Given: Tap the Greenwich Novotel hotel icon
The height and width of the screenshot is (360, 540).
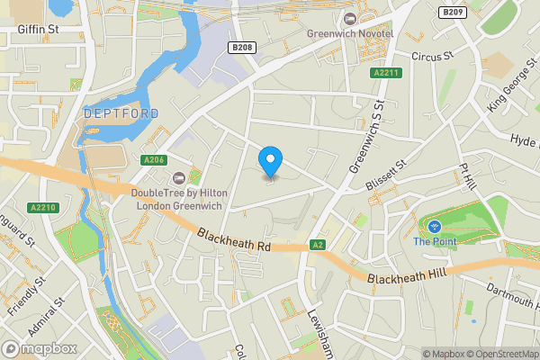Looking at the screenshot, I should coord(347,18).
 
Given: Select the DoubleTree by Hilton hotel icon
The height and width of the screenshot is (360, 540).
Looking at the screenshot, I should coord(179,175).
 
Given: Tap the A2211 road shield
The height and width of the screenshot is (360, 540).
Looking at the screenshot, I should coord(386,73).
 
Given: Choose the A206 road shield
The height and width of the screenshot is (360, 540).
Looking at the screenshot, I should coord(154,160).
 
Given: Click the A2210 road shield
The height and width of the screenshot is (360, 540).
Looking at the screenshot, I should coord(41,208).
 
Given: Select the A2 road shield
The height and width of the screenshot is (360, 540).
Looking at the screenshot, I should coord(318,244).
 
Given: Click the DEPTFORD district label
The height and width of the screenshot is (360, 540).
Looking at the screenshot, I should coord(121,113).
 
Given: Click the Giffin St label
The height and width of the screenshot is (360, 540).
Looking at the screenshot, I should coord(38,28).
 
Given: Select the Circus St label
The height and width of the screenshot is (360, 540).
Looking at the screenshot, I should coord(429,56).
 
